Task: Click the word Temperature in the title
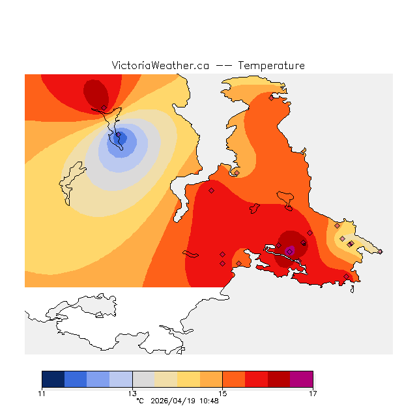pyautogui.click(x=271, y=66)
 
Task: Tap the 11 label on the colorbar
pyautogui.click(x=42, y=393)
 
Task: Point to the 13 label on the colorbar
pyautogui.click(x=132, y=393)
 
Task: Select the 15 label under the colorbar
pyautogui.click(x=222, y=393)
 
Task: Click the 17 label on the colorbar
pyautogui.click(x=313, y=393)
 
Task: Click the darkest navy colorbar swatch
pyautogui.click(x=53, y=379)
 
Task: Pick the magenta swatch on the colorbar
pyautogui.click(x=302, y=379)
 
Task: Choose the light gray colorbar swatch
pyautogui.click(x=143, y=379)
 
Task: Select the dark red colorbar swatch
pyautogui.click(x=279, y=379)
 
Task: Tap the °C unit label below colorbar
pyautogui.click(x=139, y=401)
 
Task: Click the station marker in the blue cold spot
pyautogui.click(x=118, y=136)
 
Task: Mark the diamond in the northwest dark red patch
pyautogui.click(x=104, y=108)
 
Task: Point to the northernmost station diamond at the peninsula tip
pyautogui.click(x=271, y=98)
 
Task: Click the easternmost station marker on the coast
pyautogui.click(x=381, y=252)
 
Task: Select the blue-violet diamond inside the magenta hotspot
pyautogui.click(x=289, y=251)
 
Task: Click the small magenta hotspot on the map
pyautogui.click(x=291, y=249)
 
